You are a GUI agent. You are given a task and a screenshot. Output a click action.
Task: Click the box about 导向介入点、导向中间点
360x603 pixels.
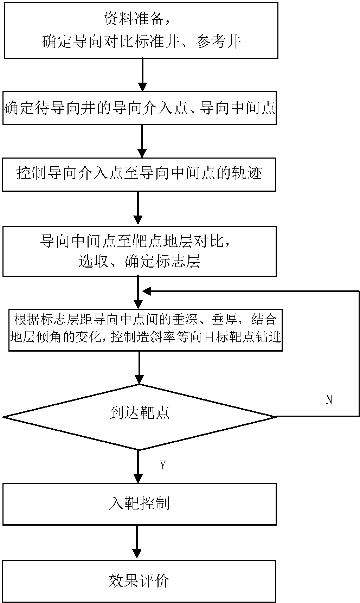tap(140, 108)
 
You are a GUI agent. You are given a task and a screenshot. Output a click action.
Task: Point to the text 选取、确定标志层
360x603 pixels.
tap(139, 261)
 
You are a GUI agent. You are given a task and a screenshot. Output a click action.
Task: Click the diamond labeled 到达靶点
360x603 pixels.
tap(140, 417)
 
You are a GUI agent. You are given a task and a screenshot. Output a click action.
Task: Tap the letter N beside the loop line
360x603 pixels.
tap(329, 400)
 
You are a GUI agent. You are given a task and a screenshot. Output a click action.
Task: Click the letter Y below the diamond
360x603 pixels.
tap(163, 465)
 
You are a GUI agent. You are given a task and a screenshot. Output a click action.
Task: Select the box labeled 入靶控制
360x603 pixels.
tap(140, 504)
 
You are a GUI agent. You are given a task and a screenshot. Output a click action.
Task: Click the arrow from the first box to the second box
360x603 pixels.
tap(142, 75)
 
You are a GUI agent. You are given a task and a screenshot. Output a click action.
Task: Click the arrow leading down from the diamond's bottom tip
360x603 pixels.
tap(139, 466)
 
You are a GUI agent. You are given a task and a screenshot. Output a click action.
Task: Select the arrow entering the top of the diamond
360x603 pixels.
tap(140, 367)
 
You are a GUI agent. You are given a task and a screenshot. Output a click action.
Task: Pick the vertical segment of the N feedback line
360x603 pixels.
tap(359, 353)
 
